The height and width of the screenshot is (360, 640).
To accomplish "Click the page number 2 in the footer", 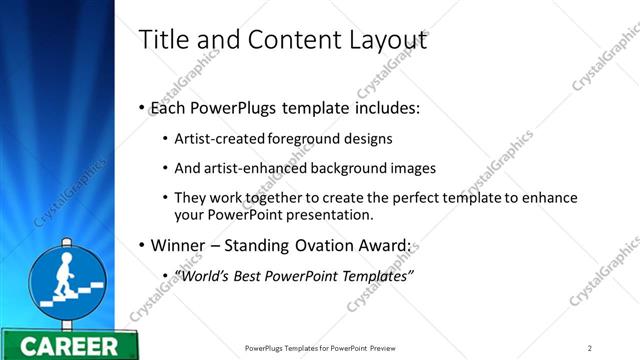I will pyautogui.click(x=589, y=348).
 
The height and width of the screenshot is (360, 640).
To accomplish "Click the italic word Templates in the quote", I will pyautogui.click(x=378, y=275).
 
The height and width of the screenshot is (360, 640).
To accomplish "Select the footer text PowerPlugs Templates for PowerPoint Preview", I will pyautogui.click(x=326, y=348).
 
